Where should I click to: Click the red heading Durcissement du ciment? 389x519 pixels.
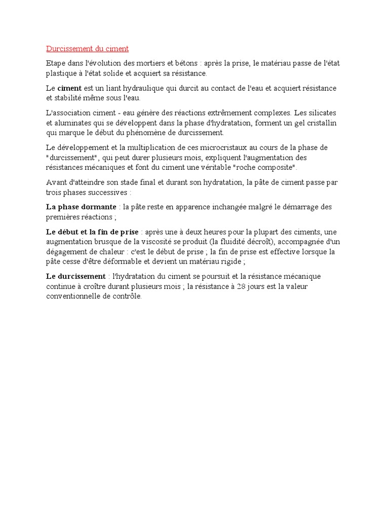[88, 49]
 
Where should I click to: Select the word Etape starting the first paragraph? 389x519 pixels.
[56, 63]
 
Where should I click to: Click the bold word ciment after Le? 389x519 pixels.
[69, 88]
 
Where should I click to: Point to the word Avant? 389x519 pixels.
[56, 182]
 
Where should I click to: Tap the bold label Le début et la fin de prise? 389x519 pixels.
[92, 232]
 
